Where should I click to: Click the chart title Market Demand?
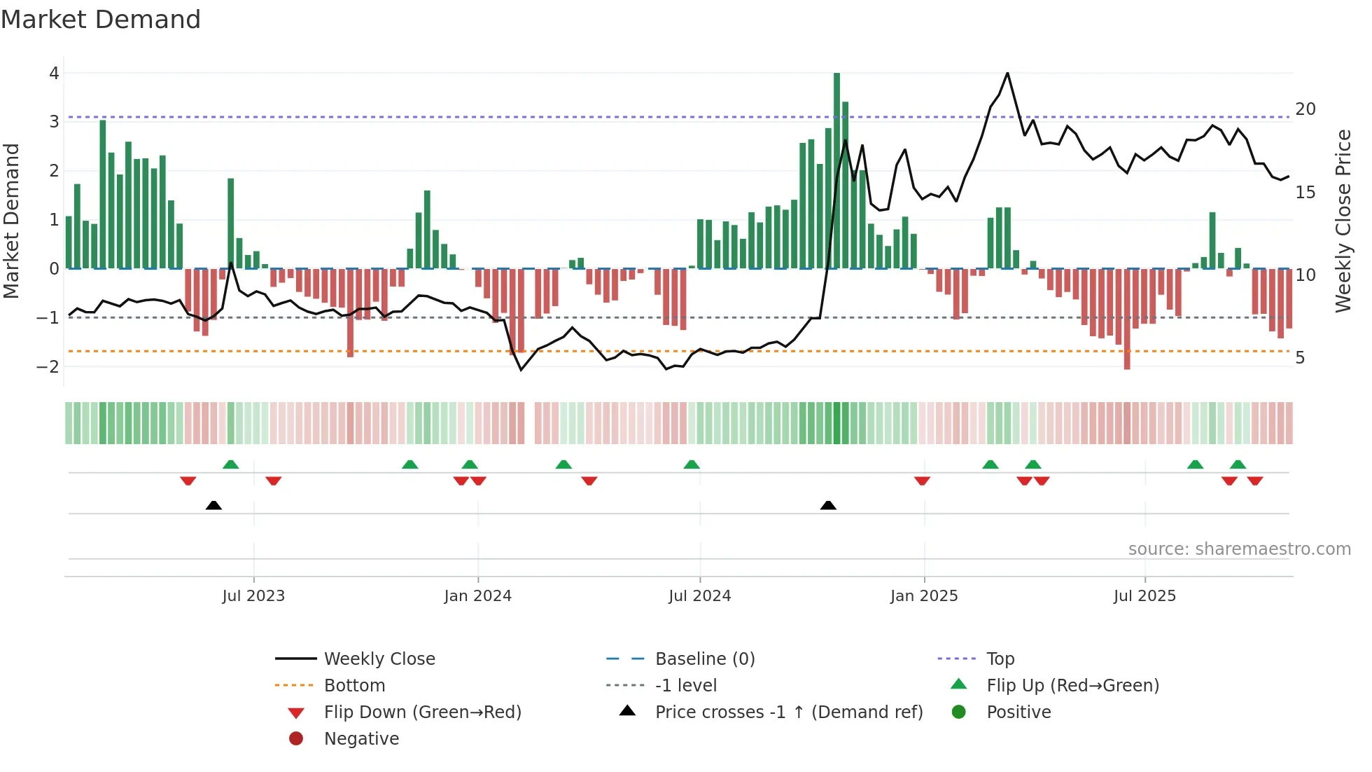101,20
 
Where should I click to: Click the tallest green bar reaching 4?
836,168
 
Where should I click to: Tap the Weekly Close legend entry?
379,659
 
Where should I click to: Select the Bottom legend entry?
354,686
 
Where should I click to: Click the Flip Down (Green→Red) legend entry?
422,712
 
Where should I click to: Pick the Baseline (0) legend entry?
704,659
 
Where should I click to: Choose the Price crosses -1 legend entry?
788,712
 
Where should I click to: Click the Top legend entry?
1000,659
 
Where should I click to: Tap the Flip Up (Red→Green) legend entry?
1072,686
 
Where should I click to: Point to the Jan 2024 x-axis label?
477,596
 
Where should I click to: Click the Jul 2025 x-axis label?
1144,596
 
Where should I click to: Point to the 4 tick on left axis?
54,74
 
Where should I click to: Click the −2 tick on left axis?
48,367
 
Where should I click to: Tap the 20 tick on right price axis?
1305,109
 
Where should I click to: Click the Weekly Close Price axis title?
1343,221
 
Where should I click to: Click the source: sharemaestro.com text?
1239,549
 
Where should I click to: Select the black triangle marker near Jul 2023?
213,506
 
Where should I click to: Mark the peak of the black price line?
1007,74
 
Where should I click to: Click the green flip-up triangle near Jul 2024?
692,464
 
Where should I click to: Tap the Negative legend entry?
361,739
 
